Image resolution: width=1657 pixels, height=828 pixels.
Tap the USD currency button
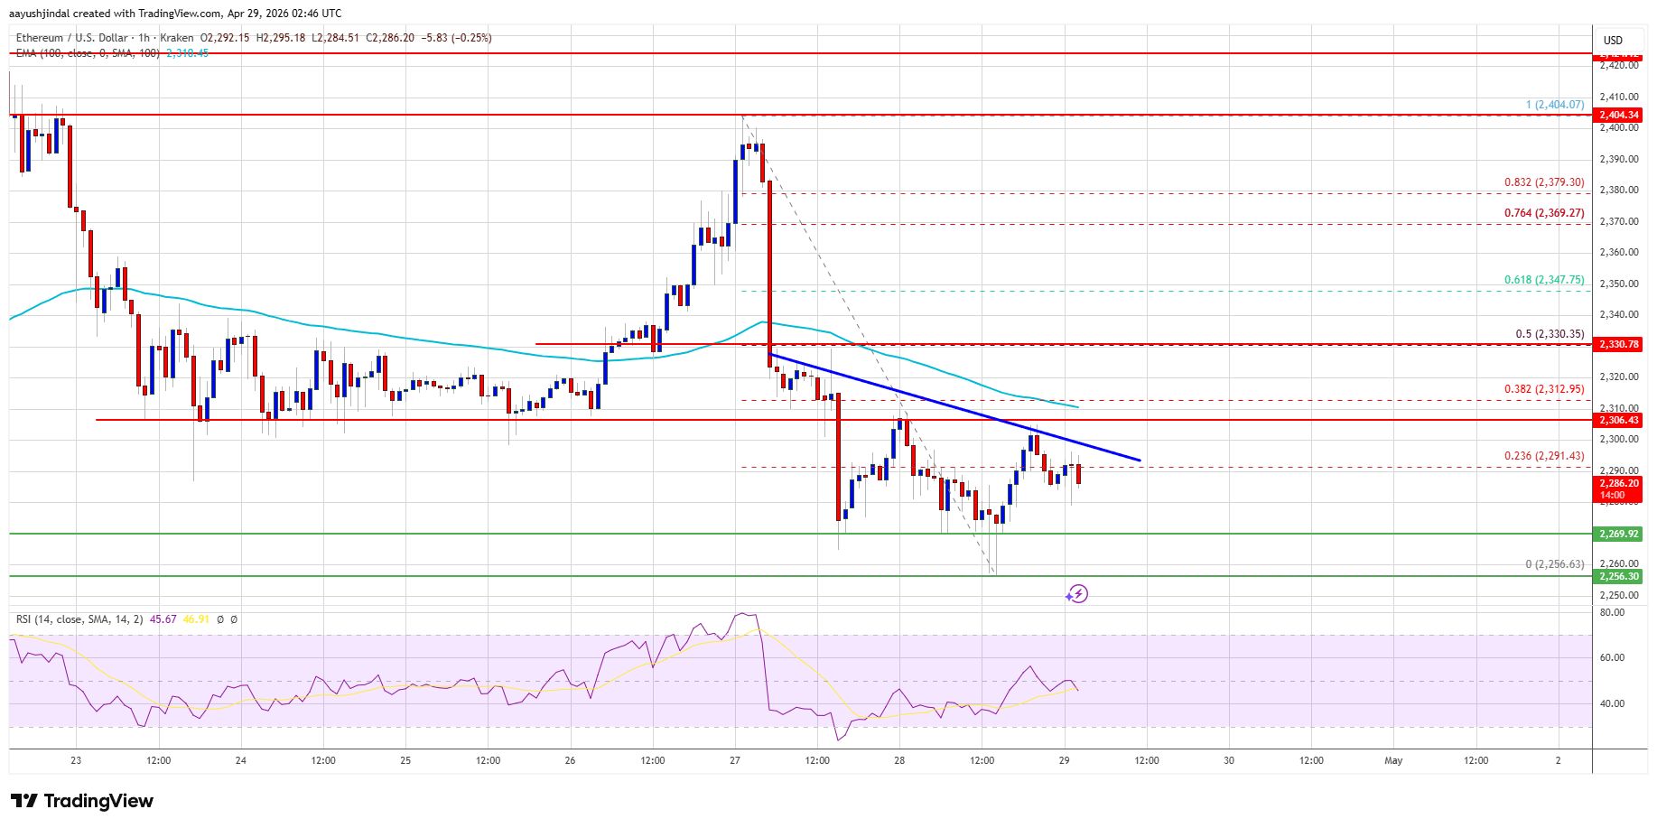[x=1613, y=40]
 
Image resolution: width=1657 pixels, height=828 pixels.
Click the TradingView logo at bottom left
[x=82, y=801]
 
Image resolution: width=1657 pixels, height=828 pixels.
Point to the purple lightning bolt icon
[x=1076, y=593]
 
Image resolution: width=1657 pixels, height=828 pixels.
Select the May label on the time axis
[x=1393, y=760]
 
